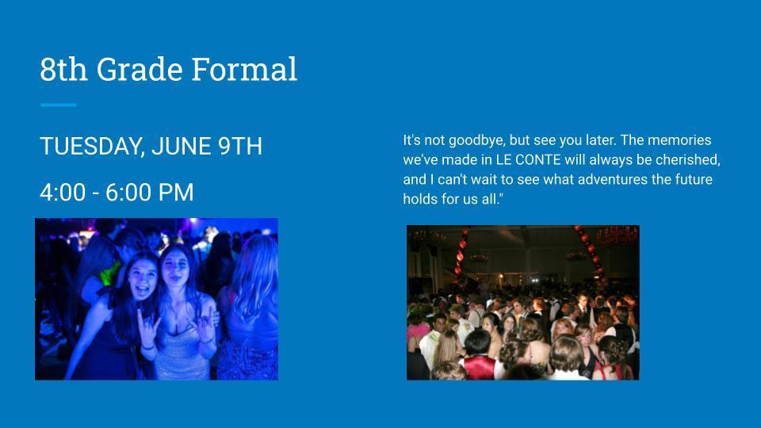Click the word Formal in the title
[x=244, y=69]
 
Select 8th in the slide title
[x=63, y=69]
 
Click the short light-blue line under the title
[x=58, y=105]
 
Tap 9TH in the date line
[x=239, y=146]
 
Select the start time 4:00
[x=63, y=192]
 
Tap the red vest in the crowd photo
[x=479, y=367]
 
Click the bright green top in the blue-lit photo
[x=109, y=274]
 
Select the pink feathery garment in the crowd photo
[x=418, y=332]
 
